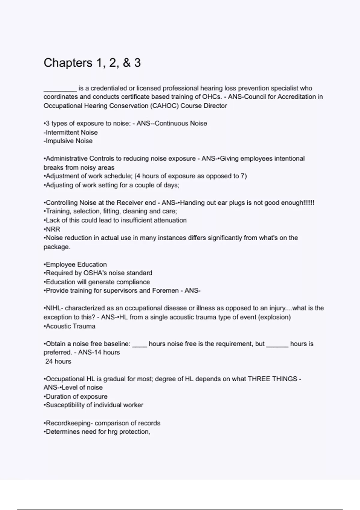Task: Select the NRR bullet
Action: pos(53,229)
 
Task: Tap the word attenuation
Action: pos(170,220)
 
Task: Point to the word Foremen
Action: pos(165,290)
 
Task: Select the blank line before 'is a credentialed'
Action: pos(60,88)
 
